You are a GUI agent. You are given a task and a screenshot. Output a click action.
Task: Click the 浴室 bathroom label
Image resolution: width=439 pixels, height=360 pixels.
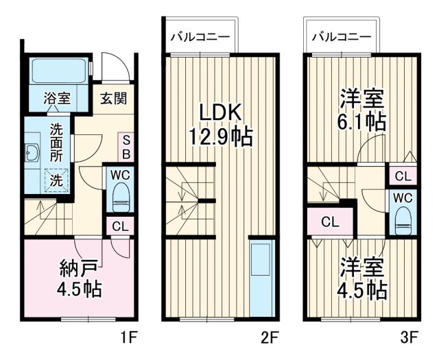[58, 98]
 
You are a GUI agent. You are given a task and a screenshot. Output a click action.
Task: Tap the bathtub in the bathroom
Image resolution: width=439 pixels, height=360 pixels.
[58, 71]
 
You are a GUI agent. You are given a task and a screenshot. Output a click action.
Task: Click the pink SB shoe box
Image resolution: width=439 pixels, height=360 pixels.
[126, 146]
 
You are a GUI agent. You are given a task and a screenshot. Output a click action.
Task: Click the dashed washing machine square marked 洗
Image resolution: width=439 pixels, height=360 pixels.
[58, 181]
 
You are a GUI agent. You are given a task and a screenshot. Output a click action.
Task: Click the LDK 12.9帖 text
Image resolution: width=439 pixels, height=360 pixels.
[221, 123]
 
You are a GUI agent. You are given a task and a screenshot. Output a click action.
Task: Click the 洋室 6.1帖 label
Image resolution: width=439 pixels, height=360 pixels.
[361, 110]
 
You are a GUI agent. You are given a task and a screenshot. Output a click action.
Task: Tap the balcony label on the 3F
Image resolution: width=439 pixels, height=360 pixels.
[342, 37]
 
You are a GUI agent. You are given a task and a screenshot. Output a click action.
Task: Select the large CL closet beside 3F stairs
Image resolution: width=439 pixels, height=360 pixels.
[330, 222]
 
